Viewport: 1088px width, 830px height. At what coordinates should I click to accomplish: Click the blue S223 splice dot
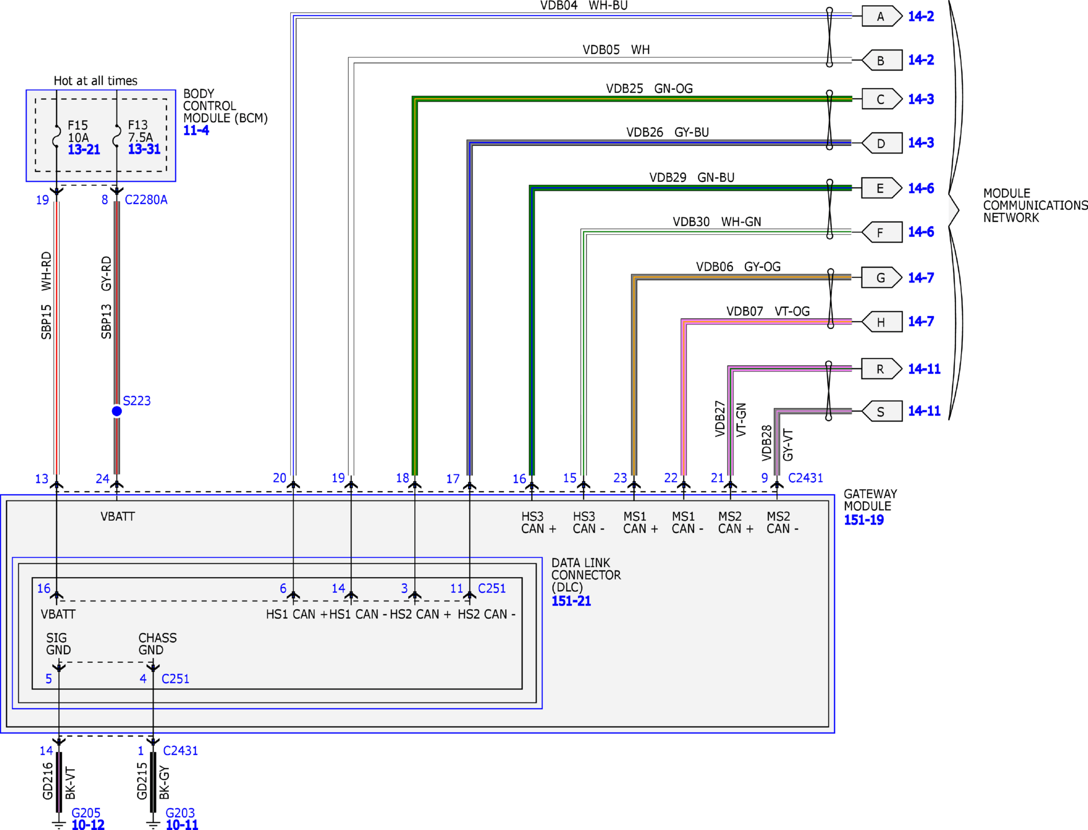coord(117,411)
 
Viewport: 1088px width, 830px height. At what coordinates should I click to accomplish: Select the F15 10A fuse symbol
coord(57,135)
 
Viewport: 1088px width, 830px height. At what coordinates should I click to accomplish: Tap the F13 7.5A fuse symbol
coord(117,135)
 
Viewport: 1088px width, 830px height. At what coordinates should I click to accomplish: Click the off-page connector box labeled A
coord(882,16)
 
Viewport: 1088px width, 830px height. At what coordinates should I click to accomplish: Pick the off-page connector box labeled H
coord(882,322)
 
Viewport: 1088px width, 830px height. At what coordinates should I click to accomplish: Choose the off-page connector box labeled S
coord(882,411)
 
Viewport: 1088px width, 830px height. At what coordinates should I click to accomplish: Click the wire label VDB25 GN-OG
coord(649,88)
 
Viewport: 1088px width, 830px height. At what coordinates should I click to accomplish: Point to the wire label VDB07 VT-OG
coord(768,311)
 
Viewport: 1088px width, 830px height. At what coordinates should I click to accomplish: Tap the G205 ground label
coord(86,813)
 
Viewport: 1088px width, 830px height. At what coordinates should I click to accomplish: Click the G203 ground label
coord(180,813)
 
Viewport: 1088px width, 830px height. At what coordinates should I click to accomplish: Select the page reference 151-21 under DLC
coord(571,601)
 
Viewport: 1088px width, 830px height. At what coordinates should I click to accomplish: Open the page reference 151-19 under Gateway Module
coord(864,520)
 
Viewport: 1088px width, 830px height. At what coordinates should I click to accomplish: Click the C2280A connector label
coord(146,200)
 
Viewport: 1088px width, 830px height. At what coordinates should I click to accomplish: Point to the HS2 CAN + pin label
coord(420,614)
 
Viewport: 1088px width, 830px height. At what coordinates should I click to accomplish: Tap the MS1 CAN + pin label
coord(640,522)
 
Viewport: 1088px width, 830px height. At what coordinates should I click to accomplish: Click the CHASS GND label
coord(157,644)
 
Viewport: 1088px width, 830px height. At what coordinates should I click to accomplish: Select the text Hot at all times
coord(96,81)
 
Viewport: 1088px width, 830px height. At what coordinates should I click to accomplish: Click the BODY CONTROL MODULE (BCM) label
coord(225,106)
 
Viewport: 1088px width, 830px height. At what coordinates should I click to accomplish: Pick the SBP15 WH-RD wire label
coord(46,295)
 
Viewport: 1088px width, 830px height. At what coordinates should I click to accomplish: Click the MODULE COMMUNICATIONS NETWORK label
coord(1035,205)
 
